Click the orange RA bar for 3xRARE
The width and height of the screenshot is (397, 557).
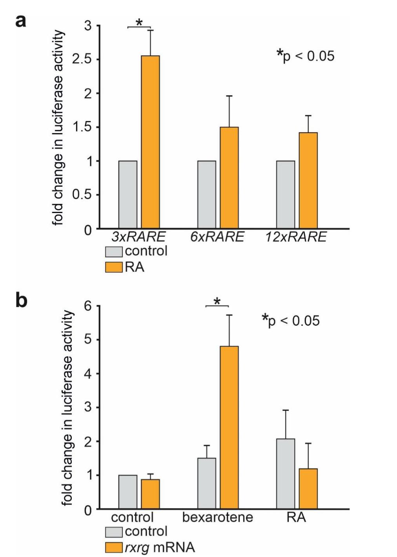coord(150,142)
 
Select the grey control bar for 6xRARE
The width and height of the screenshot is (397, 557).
coord(207,194)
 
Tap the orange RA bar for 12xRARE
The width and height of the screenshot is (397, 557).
coord(308,180)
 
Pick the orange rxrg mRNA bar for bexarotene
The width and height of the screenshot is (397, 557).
coord(229,427)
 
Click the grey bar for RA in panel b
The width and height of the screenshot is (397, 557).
coord(286,474)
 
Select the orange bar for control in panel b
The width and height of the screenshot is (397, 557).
coord(150,494)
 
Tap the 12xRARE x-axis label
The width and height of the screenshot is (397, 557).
coord(296,237)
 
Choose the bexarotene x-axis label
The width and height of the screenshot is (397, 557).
coord(218,517)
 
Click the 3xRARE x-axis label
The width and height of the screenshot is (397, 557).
coord(138,237)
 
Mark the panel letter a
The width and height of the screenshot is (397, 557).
coord(21,21)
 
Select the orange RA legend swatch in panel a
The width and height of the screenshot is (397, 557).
coord(114,268)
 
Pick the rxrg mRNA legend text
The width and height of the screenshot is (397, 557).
coord(160,547)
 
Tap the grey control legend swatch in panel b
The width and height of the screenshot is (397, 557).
coord(114,532)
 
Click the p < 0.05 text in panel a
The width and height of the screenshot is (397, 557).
coord(306,56)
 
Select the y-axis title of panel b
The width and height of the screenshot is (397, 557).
coord(67,407)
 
